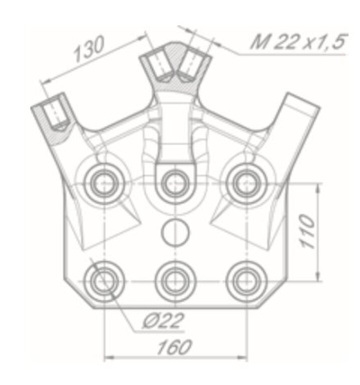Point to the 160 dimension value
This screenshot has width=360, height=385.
tap(174, 347)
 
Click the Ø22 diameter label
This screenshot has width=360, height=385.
tap(163, 320)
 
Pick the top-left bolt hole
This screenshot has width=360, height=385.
tap(104, 183)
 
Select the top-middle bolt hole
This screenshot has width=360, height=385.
tap(175, 183)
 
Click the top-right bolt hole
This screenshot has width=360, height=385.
tap(247, 183)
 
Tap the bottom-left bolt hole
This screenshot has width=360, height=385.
tap(104, 281)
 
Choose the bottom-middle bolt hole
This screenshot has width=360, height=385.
tap(175, 281)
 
